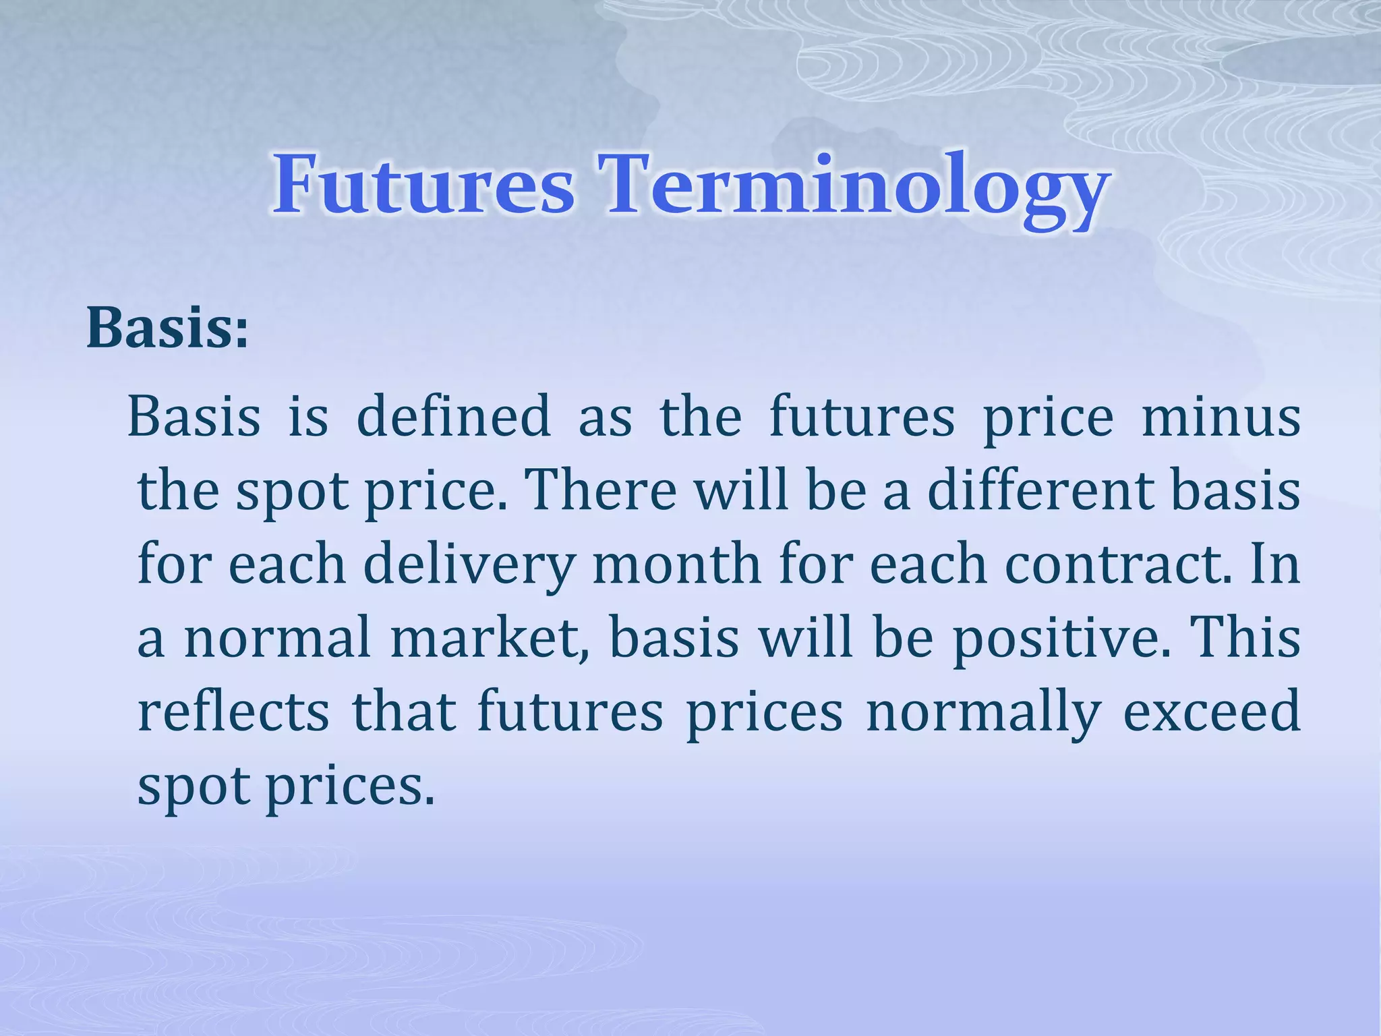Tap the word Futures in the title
(423, 185)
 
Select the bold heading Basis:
(167, 328)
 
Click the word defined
(453, 417)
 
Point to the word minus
(1221, 417)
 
